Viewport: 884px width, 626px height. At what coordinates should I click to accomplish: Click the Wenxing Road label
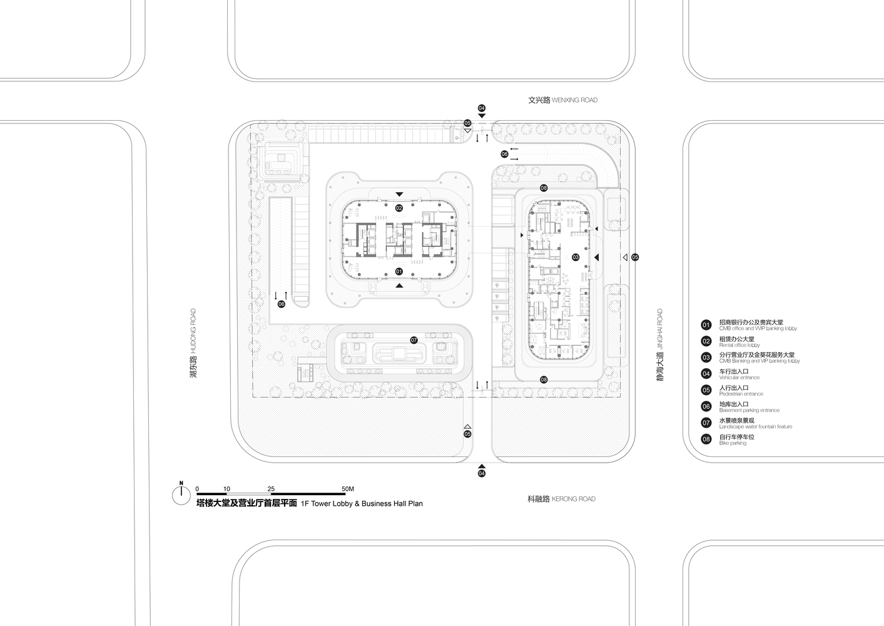(562, 100)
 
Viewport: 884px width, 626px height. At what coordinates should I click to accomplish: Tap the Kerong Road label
(561, 499)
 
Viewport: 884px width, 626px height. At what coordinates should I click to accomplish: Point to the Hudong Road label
(193, 342)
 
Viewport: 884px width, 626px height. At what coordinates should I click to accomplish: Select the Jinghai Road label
(659, 345)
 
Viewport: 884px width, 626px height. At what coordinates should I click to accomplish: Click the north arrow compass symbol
(181, 495)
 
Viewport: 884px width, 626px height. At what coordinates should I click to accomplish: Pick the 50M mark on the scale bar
(347, 488)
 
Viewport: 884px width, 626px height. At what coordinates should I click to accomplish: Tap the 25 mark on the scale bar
(271, 488)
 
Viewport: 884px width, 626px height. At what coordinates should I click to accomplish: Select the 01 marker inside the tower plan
(399, 271)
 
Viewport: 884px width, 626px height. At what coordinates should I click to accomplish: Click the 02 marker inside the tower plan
(399, 207)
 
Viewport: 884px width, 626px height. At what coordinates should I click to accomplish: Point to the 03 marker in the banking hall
(576, 257)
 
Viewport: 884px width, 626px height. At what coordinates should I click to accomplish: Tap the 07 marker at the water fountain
(414, 341)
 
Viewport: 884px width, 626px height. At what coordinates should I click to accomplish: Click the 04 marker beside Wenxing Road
(482, 108)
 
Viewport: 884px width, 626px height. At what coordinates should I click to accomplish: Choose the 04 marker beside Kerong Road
(482, 474)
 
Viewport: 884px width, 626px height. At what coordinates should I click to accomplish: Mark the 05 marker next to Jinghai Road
(635, 257)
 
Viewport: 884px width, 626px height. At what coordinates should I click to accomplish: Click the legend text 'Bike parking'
(733, 443)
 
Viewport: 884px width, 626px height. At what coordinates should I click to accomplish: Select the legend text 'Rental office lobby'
(739, 345)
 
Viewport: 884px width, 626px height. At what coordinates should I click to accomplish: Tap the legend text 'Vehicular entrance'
(739, 377)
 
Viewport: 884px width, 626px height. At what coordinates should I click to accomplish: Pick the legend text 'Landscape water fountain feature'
(755, 427)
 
